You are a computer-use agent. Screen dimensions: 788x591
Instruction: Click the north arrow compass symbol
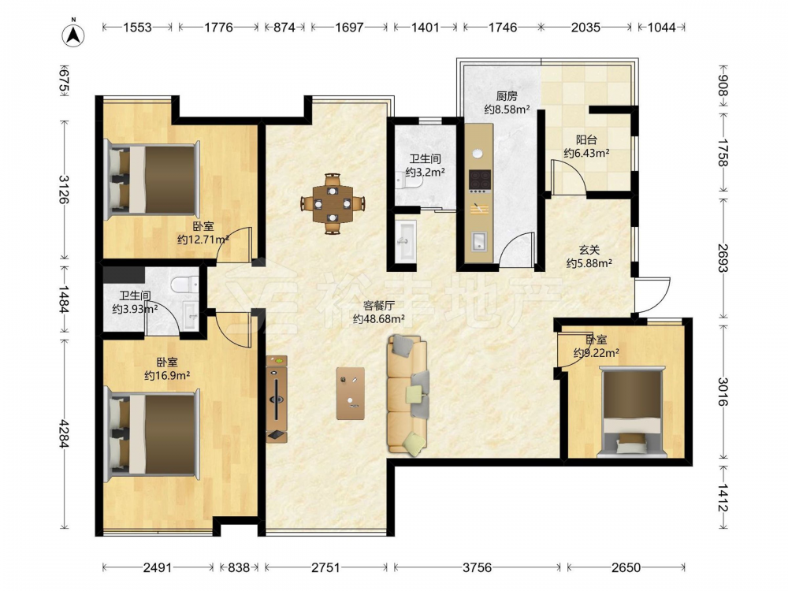tap(73, 33)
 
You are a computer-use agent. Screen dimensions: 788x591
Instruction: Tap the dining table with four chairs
tap(333, 203)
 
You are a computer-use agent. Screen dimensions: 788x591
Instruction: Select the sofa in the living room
tap(408, 396)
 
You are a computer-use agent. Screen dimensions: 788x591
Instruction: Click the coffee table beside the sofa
tap(351, 393)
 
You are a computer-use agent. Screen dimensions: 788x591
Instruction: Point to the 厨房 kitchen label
tap(507, 95)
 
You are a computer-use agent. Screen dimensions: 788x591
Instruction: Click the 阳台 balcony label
tap(586, 139)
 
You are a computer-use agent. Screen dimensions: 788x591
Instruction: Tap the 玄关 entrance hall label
tap(589, 249)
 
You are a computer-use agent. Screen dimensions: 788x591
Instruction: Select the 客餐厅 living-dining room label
tap(379, 305)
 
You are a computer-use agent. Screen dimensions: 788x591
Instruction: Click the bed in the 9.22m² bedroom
tap(632, 411)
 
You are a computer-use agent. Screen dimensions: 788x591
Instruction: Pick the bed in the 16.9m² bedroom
tap(152, 434)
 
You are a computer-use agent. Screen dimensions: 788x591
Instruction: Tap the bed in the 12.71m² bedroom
tap(152, 179)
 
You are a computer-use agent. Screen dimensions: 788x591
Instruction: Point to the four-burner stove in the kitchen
tap(479, 180)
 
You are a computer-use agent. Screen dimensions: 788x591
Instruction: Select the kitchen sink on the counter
tap(478, 241)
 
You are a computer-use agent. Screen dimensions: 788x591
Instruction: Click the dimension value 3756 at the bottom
tap(477, 567)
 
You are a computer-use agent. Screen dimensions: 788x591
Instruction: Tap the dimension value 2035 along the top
tap(585, 27)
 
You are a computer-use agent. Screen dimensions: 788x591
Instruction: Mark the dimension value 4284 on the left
tap(64, 433)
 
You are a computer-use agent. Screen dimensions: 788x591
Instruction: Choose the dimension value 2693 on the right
tap(723, 258)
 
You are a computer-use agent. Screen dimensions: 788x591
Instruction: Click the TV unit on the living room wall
tap(277, 399)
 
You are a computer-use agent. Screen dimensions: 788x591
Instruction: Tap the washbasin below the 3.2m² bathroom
tap(405, 241)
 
